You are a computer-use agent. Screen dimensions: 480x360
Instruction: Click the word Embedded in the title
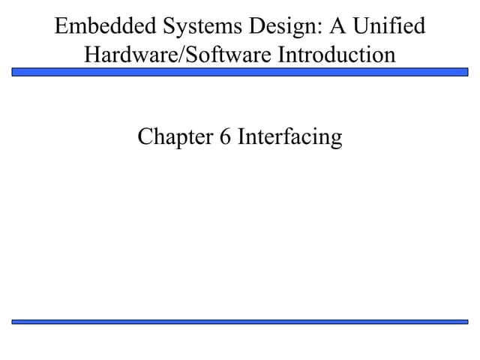pyautogui.click(x=106, y=25)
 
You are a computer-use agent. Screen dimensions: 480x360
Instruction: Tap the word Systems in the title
pyautogui.click(x=202, y=27)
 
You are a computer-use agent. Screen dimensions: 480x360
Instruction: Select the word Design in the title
pyautogui.click(x=283, y=27)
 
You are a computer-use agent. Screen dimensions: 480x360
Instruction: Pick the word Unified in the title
pyautogui.click(x=389, y=25)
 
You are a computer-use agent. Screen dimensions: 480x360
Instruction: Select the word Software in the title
pyautogui.click(x=228, y=55)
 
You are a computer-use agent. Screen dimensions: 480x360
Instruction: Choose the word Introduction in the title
pyautogui.click(x=337, y=55)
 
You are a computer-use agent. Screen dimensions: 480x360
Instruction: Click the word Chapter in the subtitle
pyautogui.click(x=175, y=137)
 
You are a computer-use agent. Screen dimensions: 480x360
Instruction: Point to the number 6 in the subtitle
pyautogui.click(x=225, y=136)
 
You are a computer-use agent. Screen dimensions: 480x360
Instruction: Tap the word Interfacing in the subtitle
pyautogui.click(x=290, y=137)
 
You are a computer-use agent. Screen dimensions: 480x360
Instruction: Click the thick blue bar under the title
pyautogui.click(x=240, y=72)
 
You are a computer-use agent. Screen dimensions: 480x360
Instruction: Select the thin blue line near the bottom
pyautogui.click(x=240, y=322)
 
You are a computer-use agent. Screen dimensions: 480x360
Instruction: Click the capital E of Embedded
pyautogui.click(x=61, y=25)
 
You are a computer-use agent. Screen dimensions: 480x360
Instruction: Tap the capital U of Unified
pyautogui.click(x=361, y=25)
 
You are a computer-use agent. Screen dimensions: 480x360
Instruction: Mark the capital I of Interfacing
pyautogui.click(x=241, y=136)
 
